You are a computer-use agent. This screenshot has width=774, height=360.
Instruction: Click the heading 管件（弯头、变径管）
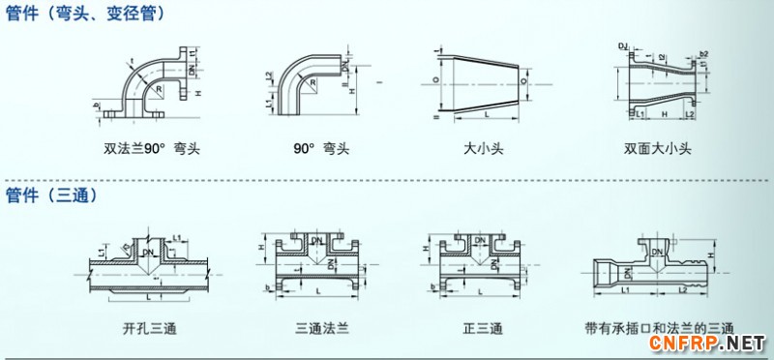pyautogui.click(x=85, y=14)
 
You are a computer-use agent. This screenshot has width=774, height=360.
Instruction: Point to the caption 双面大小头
pyautogui.click(x=658, y=150)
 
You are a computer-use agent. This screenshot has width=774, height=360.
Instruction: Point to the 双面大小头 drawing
pyautogui.click(x=658, y=82)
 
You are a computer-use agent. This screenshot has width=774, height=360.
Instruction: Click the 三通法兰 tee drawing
pyautogui.click(x=319, y=266)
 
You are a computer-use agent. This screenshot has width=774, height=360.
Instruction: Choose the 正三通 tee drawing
pyautogui.click(x=481, y=266)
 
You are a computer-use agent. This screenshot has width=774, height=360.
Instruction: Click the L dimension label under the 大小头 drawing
pyautogui.click(x=485, y=116)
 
